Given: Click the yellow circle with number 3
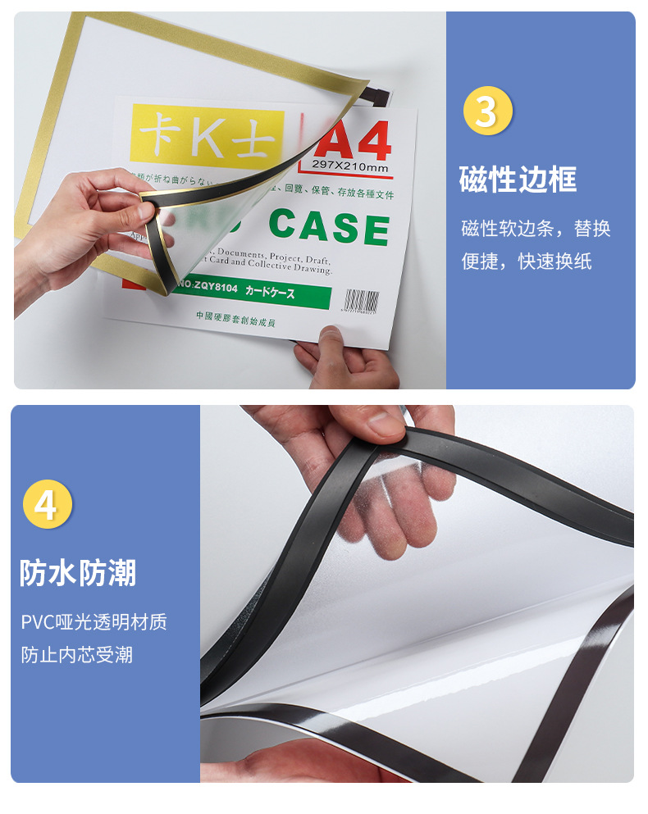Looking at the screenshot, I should pos(487,111).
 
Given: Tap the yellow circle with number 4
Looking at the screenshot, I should pos(48,504).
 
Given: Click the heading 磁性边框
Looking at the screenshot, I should pos(518,180).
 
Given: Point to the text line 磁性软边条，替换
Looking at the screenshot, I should pos(536,229).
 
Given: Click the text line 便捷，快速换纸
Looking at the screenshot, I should pos(526,261).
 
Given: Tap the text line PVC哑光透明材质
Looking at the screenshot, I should pos(94,622).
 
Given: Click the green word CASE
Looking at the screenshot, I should pos(329,228).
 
